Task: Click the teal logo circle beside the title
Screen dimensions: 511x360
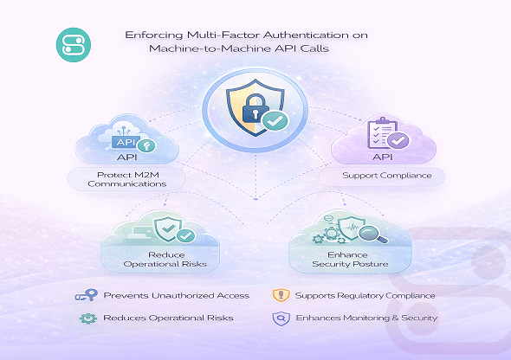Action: pyautogui.click(x=74, y=45)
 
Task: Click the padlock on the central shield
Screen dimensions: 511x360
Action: pyautogui.click(x=255, y=109)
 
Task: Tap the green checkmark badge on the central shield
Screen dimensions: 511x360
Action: pyautogui.click(x=275, y=121)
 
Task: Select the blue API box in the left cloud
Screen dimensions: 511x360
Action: pyautogui.click(x=126, y=142)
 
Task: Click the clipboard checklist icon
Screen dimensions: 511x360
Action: pyautogui.click(x=382, y=132)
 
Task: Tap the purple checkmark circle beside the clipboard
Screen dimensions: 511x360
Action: pyautogui.click(x=398, y=141)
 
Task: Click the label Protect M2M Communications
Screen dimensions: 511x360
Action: pyautogui.click(x=127, y=179)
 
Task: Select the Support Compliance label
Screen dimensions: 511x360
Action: pyautogui.click(x=387, y=176)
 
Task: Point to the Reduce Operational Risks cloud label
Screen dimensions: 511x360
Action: pyautogui.click(x=165, y=260)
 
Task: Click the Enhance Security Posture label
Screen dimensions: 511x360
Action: pyautogui.click(x=350, y=260)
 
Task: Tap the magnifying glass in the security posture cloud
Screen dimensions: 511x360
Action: pyautogui.click(x=372, y=235)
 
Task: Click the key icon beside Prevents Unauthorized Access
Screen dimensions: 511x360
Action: pyautogui.click(x=87, y=295)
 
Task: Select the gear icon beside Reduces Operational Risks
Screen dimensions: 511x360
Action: pyautogui.click(x=88, y=318)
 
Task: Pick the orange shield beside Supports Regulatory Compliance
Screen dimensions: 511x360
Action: pyautogui.click(x=281, y=295)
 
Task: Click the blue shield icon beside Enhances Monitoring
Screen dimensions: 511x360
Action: pyautogui.click(x=281, y=318)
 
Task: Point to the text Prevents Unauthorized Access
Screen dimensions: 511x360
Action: pyautogui.click(x=177, y=296)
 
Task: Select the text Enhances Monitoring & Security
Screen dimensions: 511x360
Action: pyautogui.click(x=366, y=318)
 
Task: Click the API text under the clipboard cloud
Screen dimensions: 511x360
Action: pyautogui.click(x=382, y=157)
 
